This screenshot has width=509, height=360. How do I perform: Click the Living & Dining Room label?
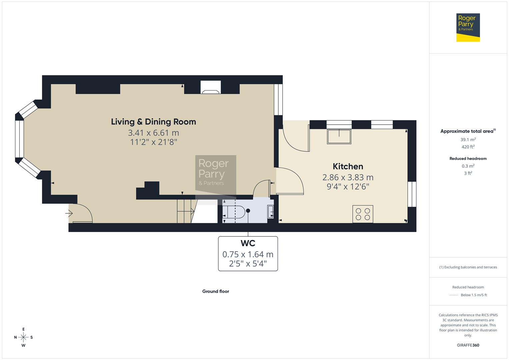[x=153, y=122]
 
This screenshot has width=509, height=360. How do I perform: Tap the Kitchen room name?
[x=348, y=166]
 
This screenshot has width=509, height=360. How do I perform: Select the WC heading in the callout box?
[x=248, y=243]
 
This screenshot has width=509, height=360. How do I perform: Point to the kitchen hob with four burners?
[x=363, y=214]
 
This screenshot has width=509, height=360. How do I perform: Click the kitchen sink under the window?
[x=339, y=137]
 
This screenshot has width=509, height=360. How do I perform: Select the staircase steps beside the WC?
[x=185, y=211]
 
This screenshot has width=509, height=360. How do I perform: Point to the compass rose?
[x=23, y=337]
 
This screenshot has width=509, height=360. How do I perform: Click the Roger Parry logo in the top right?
[x=468, y=27]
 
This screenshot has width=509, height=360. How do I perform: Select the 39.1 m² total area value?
[x=468, y=140]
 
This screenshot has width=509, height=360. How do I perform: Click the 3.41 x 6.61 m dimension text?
[x=153, y=133]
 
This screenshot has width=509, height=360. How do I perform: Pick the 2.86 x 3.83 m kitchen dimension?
[x=348, y=177]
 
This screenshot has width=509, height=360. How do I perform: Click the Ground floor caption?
[x=215, y=291]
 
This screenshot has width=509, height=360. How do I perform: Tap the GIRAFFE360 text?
[x=468, y=345]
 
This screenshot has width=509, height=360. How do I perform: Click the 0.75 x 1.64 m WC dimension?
[x=248, y=254]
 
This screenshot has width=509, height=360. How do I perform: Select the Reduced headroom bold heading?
[x=468, y=159]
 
